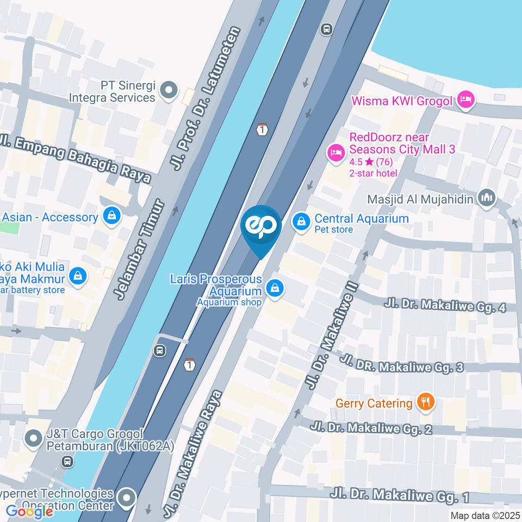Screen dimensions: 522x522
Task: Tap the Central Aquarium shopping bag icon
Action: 301,221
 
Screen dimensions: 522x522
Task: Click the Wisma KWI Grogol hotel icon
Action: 466,100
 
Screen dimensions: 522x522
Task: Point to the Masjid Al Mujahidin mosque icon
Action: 486,198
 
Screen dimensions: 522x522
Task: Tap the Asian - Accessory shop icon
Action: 111,216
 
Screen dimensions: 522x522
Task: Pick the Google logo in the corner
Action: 29,511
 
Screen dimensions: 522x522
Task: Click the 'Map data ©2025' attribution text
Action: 485,515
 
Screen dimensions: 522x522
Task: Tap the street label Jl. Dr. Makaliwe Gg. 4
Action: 445,306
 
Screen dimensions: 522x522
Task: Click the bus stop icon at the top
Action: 326,29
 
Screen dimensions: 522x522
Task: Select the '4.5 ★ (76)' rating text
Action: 371,162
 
